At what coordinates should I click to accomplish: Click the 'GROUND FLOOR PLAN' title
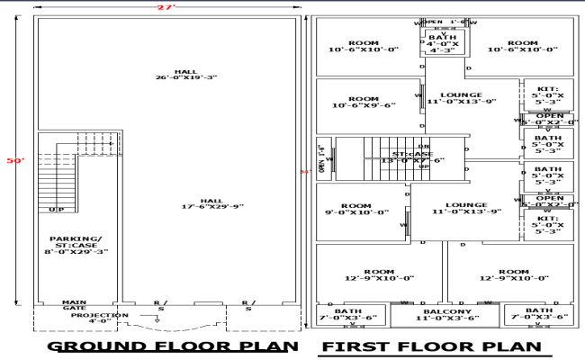point(172,346)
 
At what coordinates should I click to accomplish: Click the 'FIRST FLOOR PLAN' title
point(432,346)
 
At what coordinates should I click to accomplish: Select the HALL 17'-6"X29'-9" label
point(211,203)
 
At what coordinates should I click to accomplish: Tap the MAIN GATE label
point(74,306)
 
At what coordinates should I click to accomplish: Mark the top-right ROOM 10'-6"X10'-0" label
point(523,46)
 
